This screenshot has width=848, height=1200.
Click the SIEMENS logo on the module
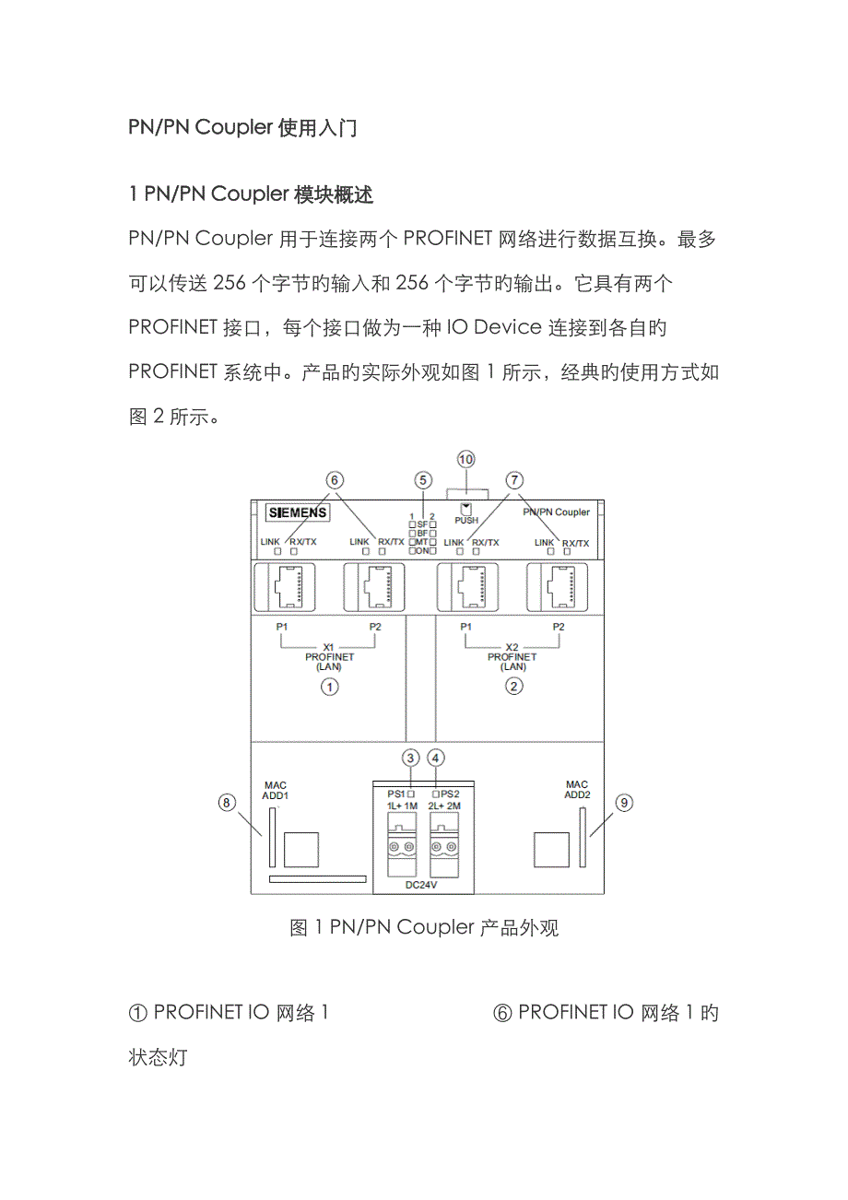(296, 513)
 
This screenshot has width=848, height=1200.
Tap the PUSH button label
(466, 520)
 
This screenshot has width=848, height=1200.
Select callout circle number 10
(466, 459)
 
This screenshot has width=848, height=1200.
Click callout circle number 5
(423, 479)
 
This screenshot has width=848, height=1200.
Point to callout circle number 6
(334, 479)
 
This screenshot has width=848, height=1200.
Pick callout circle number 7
(513, 479)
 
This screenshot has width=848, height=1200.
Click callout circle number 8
(227, 803)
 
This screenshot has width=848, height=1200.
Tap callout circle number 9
(624, 803)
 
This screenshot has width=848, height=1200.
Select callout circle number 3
(410, 758)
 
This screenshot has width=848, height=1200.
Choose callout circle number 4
(437, 758)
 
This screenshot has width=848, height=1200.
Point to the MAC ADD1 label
(275, 791)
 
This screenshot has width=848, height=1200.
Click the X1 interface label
(329, 646)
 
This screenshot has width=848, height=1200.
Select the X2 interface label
(513, 646)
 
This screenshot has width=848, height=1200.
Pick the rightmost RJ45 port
(559, 586)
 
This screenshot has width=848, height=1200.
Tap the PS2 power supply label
(446, 793)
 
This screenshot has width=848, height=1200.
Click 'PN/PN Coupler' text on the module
(556, 512)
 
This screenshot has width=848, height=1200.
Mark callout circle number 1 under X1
(329, 686)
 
